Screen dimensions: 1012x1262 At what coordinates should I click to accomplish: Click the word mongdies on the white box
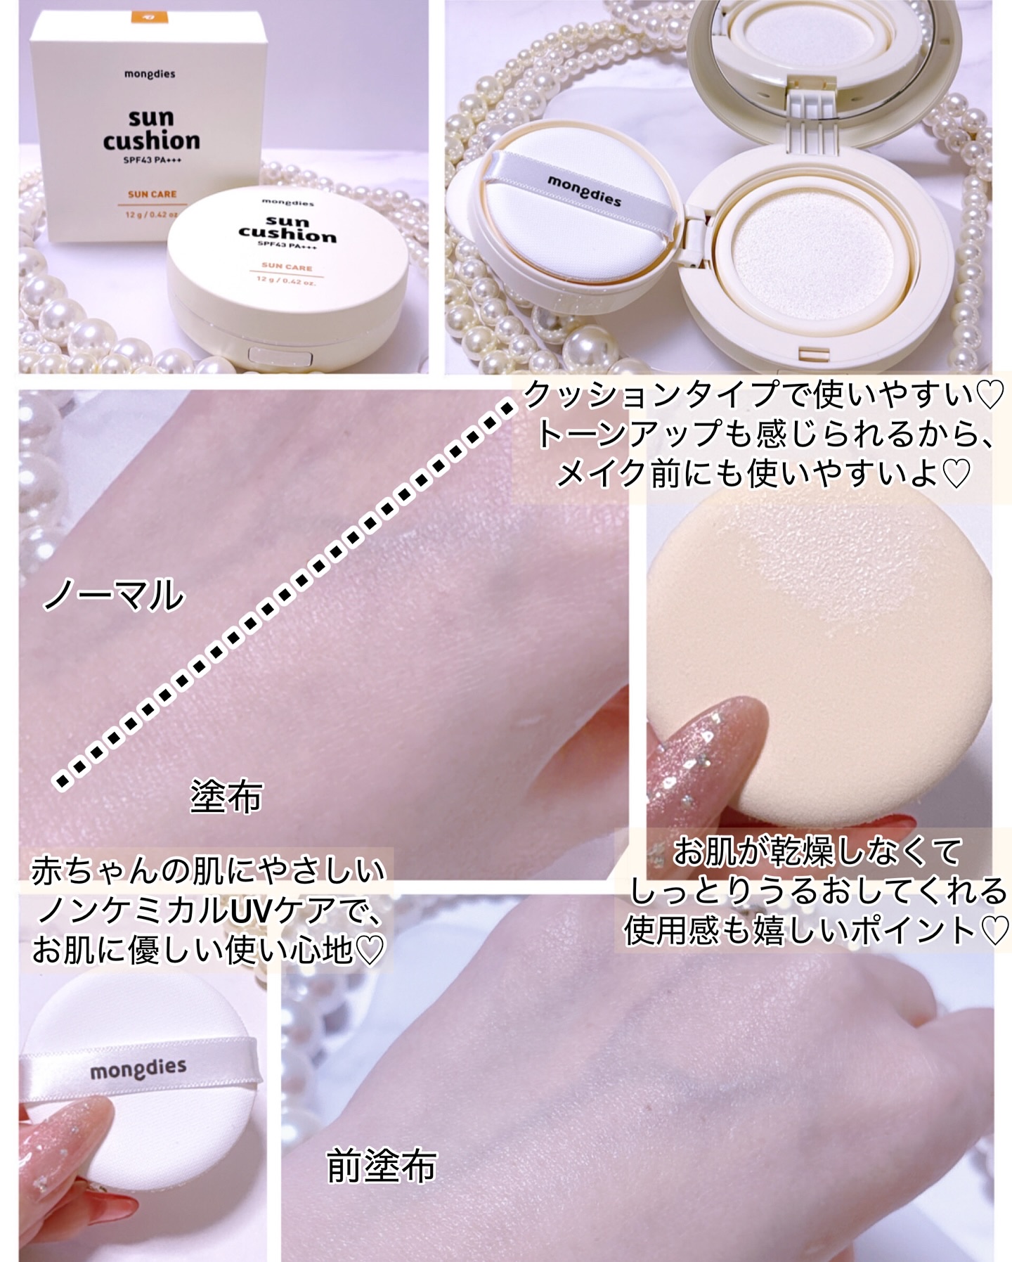click(151, 75)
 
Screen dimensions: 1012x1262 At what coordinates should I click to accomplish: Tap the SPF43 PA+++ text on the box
click(151, 160)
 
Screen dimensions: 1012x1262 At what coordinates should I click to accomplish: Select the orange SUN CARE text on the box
click(153, 194)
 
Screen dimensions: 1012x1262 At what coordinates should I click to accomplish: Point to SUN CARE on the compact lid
click(287, 266)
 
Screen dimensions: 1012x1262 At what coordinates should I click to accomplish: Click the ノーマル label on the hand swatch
click(113, 596)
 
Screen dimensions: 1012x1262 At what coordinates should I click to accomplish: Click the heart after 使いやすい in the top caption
click(991, 397)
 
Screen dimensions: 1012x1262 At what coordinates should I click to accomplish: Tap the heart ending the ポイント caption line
click(994, 931)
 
